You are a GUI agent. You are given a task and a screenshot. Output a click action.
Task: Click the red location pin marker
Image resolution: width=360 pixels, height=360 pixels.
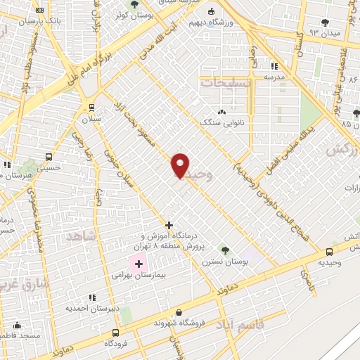pos(181,165)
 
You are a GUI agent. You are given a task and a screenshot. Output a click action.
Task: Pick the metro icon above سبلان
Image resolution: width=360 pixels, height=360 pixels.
pos(91,107)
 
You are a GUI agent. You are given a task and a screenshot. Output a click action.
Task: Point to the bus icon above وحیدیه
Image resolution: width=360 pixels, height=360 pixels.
pos(329,252)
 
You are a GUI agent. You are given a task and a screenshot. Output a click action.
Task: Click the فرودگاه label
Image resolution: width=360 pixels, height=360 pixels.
pos(116,343)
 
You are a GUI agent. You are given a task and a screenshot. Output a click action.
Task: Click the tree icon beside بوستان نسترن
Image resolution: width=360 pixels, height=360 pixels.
pos(225,249)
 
